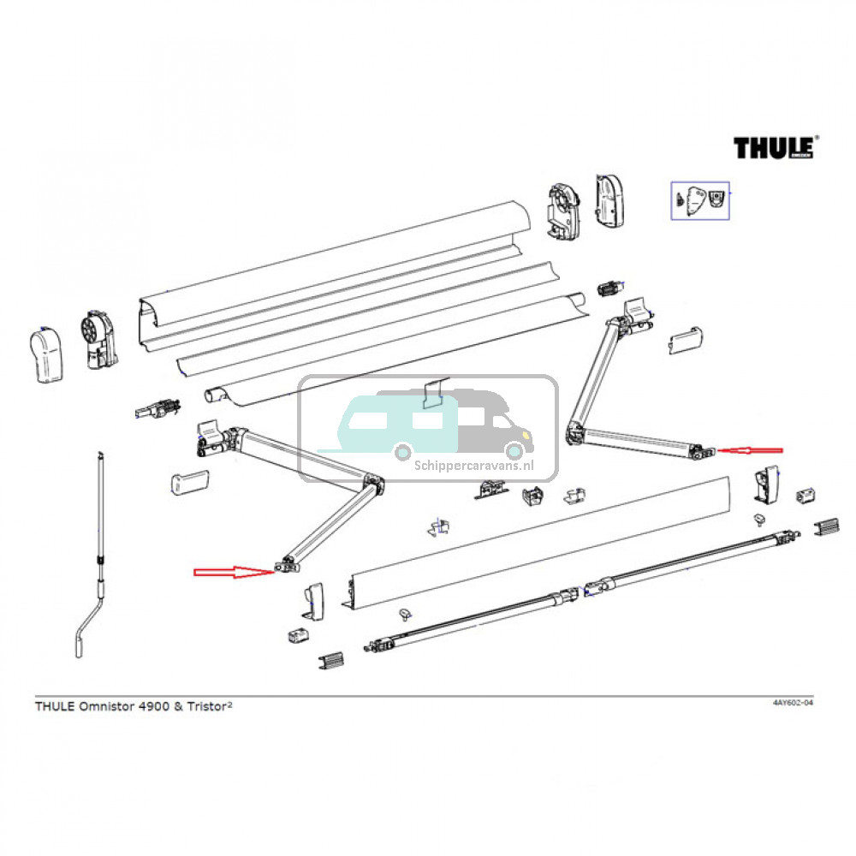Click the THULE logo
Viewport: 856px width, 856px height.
774,147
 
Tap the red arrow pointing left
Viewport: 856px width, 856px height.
749,449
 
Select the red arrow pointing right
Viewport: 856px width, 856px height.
231,572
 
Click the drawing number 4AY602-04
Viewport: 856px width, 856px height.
792,703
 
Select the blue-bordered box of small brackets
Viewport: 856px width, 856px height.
699,200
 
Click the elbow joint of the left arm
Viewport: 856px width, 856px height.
373,484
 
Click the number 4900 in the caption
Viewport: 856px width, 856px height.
153,707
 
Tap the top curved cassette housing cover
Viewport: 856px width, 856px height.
334,261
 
